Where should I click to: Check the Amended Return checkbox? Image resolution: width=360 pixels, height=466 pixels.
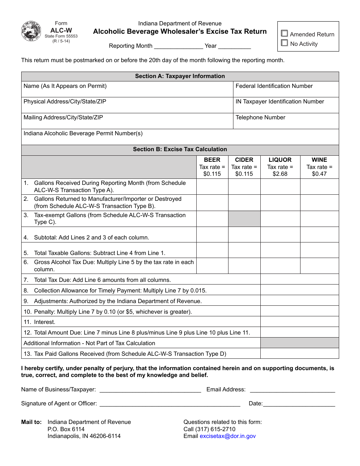coord(285,34)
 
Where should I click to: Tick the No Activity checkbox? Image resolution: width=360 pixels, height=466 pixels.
coord(285,43)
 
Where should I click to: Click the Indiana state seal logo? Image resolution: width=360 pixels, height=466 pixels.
coord(31,31)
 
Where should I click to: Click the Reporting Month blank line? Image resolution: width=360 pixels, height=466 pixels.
coord(178,46)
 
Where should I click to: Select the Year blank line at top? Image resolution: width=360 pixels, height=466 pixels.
coord(235,46)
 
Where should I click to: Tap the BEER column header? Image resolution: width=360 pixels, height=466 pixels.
coord(212,160)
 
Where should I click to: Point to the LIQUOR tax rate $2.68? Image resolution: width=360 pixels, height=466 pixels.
coord(280,174)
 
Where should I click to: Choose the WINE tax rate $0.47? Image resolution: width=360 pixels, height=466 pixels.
coord(319,174)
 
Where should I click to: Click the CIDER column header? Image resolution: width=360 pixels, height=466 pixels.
coord(244,160)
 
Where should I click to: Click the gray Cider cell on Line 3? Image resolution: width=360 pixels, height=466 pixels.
coord(244,219)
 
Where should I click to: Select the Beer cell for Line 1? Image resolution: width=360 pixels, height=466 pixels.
coord(212,186)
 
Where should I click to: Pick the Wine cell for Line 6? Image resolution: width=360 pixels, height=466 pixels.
coord(319,266)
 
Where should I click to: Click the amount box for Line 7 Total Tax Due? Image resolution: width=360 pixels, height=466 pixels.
coord(299,280)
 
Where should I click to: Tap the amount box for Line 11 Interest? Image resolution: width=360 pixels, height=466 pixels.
coord(299,322)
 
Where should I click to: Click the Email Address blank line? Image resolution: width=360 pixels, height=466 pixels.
coord(292,389)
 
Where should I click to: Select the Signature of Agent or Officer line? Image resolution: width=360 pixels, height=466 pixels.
coord(169,404)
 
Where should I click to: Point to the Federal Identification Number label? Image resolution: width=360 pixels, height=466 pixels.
coord(274,86)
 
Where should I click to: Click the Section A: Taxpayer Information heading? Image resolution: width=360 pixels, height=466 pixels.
coord(180,76)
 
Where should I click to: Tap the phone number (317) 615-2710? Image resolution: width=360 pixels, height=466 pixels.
coord(215,429)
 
